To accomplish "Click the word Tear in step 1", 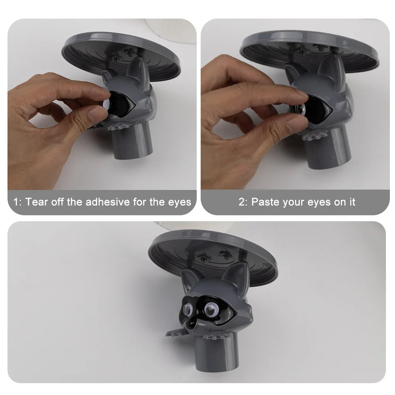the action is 36,202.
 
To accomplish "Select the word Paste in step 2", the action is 265,202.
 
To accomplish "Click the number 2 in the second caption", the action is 242,202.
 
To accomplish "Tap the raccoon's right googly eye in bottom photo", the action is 211,309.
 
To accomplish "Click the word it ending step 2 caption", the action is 352,202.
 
